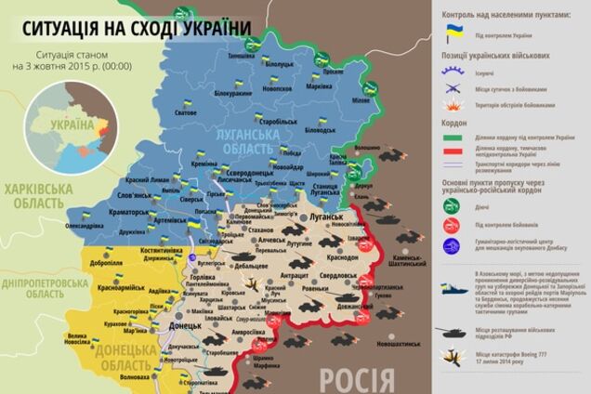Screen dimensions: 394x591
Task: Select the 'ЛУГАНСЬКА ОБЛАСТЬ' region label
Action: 245,140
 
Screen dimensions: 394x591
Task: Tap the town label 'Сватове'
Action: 185,112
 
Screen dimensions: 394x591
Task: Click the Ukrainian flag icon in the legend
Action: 454,32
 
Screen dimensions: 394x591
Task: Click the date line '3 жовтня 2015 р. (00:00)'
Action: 71,67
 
